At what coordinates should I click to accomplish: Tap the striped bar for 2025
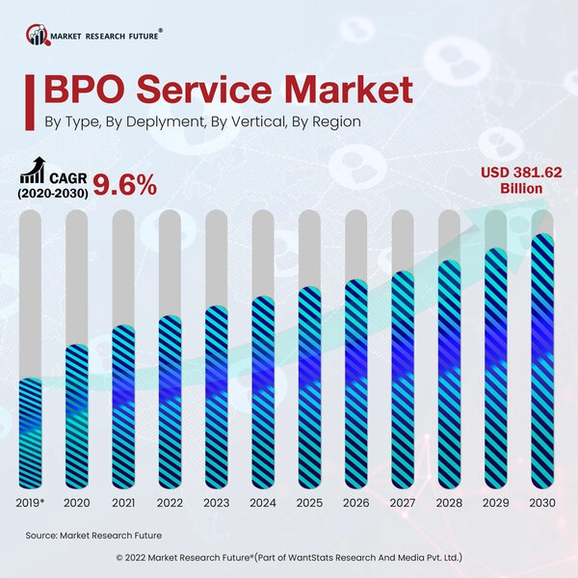[310, 391]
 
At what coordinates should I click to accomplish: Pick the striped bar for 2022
[171, 406]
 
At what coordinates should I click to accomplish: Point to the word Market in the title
[341, 92]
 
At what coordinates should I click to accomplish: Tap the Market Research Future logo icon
[38, 36]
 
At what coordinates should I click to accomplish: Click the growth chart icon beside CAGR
[33, 172]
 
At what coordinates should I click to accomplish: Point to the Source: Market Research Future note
[93, 535]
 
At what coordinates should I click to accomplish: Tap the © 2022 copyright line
[289, 557]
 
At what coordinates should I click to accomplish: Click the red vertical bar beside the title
[34, 99]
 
